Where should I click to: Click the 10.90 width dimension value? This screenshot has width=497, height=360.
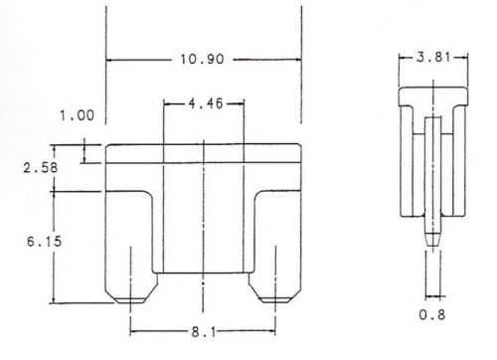click(202, 59)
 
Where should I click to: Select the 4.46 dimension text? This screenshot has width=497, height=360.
click(206, 103)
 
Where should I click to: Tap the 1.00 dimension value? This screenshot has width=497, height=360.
click(77, 115)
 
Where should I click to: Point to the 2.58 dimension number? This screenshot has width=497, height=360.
click(40, 167)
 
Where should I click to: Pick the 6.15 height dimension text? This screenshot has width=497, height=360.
click(44, 242)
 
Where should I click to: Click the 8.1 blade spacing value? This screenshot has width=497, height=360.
click(204, 332)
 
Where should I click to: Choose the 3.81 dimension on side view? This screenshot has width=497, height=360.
click(434, 58)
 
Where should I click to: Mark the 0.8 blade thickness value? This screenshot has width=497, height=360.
click(432, 314)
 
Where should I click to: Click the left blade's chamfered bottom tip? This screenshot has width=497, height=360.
click(130, 300)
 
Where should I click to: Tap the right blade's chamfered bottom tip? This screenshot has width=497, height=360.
click(275, 300)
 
